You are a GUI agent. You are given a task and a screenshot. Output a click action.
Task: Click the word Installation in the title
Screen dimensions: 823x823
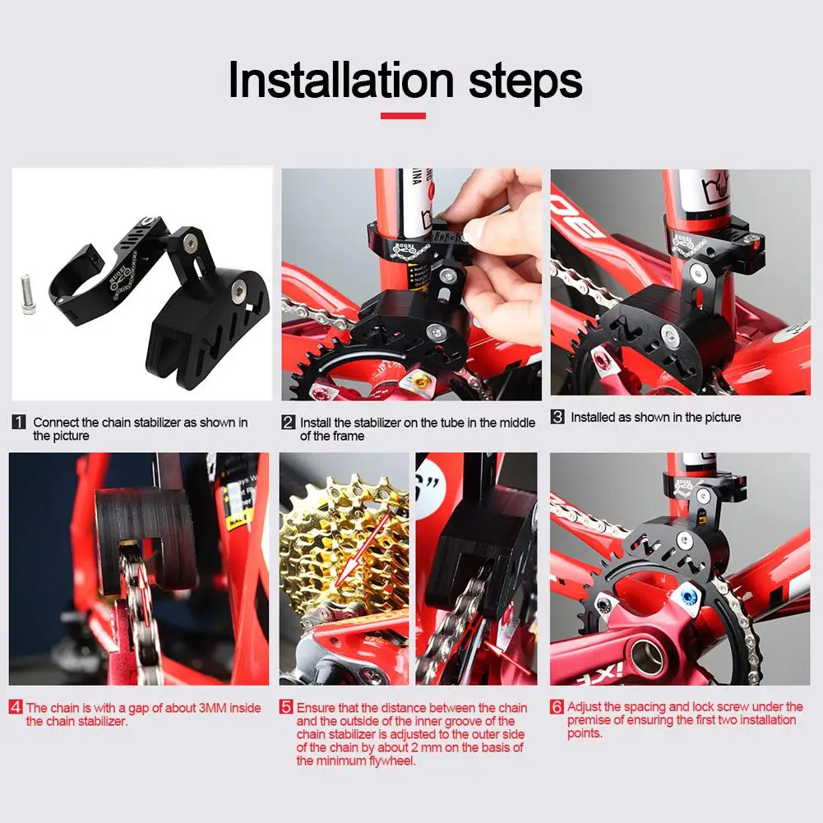click(341, 80)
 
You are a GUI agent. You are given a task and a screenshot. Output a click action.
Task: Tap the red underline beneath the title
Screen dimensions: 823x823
click(403, 115)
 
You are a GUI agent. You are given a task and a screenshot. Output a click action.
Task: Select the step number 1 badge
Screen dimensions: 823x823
click(19, 422)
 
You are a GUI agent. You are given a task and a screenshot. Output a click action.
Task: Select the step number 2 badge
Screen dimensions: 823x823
click(288, 422)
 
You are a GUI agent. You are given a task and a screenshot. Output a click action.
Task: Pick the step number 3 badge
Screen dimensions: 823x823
click(557, 417)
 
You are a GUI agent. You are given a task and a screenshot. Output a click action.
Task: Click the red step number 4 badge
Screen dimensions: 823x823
click(16, 707)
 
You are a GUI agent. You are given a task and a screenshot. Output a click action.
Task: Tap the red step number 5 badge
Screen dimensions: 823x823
click(286, 707)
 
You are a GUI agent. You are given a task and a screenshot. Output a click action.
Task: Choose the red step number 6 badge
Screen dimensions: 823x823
click(557, 706)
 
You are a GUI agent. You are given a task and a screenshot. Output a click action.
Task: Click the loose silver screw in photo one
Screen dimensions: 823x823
click(28, 295)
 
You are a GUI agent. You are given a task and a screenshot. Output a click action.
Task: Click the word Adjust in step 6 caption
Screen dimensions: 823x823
click(585, 707)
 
